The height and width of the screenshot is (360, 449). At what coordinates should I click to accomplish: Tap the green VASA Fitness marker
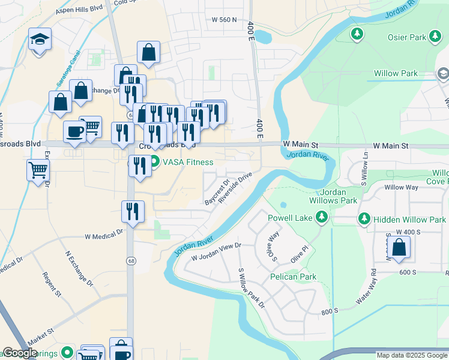[x=154, y=161]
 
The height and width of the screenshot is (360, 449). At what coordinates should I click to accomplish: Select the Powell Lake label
[x=291, y=218]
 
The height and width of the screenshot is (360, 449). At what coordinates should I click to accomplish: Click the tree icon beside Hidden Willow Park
[x=364, y=220]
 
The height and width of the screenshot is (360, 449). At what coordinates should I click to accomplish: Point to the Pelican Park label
[x=293, y=277]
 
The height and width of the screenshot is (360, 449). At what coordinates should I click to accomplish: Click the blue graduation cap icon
[x=40, y=40]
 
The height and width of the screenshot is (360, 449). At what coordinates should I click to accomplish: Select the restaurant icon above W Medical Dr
[x=132, y=211]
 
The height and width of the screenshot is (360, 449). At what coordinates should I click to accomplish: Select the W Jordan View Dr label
[x=215, y=252]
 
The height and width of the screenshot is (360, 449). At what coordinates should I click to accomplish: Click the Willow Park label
[x=396, y=73]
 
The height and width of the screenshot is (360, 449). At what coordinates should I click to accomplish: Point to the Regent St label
[x=52, y=284]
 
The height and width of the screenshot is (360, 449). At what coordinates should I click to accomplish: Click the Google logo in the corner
[x=20, y=353]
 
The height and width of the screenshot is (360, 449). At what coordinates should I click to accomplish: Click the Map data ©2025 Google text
[x=411, y=355]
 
